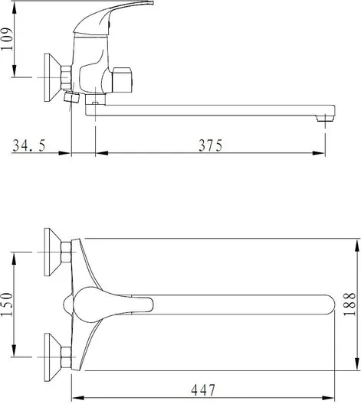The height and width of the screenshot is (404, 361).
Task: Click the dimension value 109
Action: tap(7, 39)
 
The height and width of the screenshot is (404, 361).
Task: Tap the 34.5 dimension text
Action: tap(29, 145)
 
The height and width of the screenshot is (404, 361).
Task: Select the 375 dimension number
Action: tap(210, 145)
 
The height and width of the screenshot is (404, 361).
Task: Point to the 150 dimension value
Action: tap(7, 305)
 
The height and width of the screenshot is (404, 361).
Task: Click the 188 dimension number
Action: tap(350, 304)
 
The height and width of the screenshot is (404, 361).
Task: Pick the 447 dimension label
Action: tap(203, 390)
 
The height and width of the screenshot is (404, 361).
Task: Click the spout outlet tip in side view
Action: tap(325, 118)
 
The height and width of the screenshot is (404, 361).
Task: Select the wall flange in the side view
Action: tap(53, 77)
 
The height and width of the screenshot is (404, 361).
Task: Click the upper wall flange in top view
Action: tap(53, 252)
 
